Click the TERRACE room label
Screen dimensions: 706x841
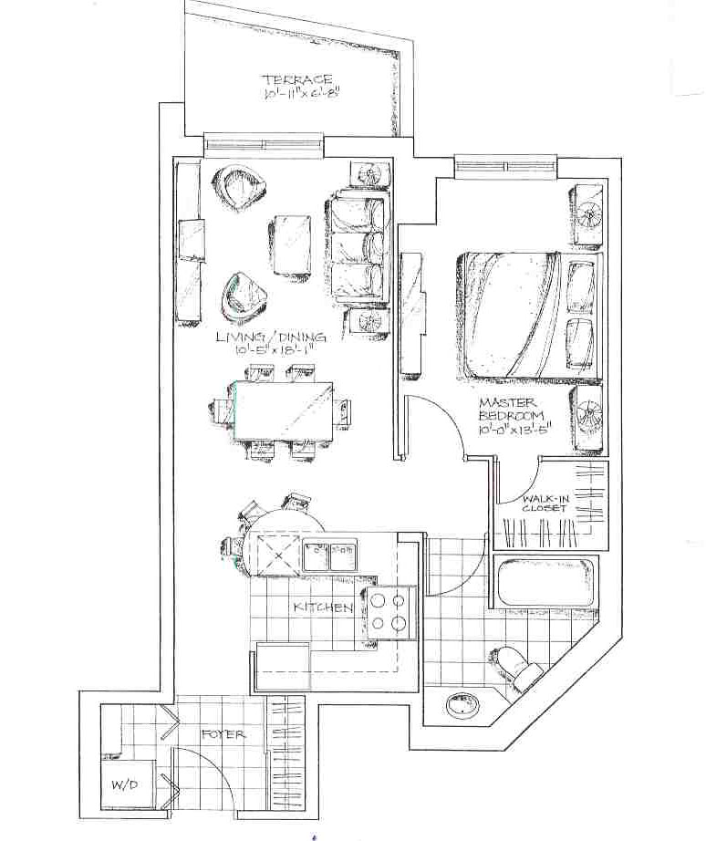296,80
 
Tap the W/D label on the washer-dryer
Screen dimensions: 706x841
124,784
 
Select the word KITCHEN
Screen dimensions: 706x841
323,607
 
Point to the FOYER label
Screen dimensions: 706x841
223,733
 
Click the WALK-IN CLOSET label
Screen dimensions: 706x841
545,504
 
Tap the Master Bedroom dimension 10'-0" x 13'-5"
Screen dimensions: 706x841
514,429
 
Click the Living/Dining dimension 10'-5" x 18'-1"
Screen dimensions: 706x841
273,350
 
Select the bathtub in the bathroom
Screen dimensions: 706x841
545,583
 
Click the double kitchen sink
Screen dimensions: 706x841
329,555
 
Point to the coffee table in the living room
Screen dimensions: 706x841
290,244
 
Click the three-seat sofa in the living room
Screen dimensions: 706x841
358,249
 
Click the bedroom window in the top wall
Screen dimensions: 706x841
504,166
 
